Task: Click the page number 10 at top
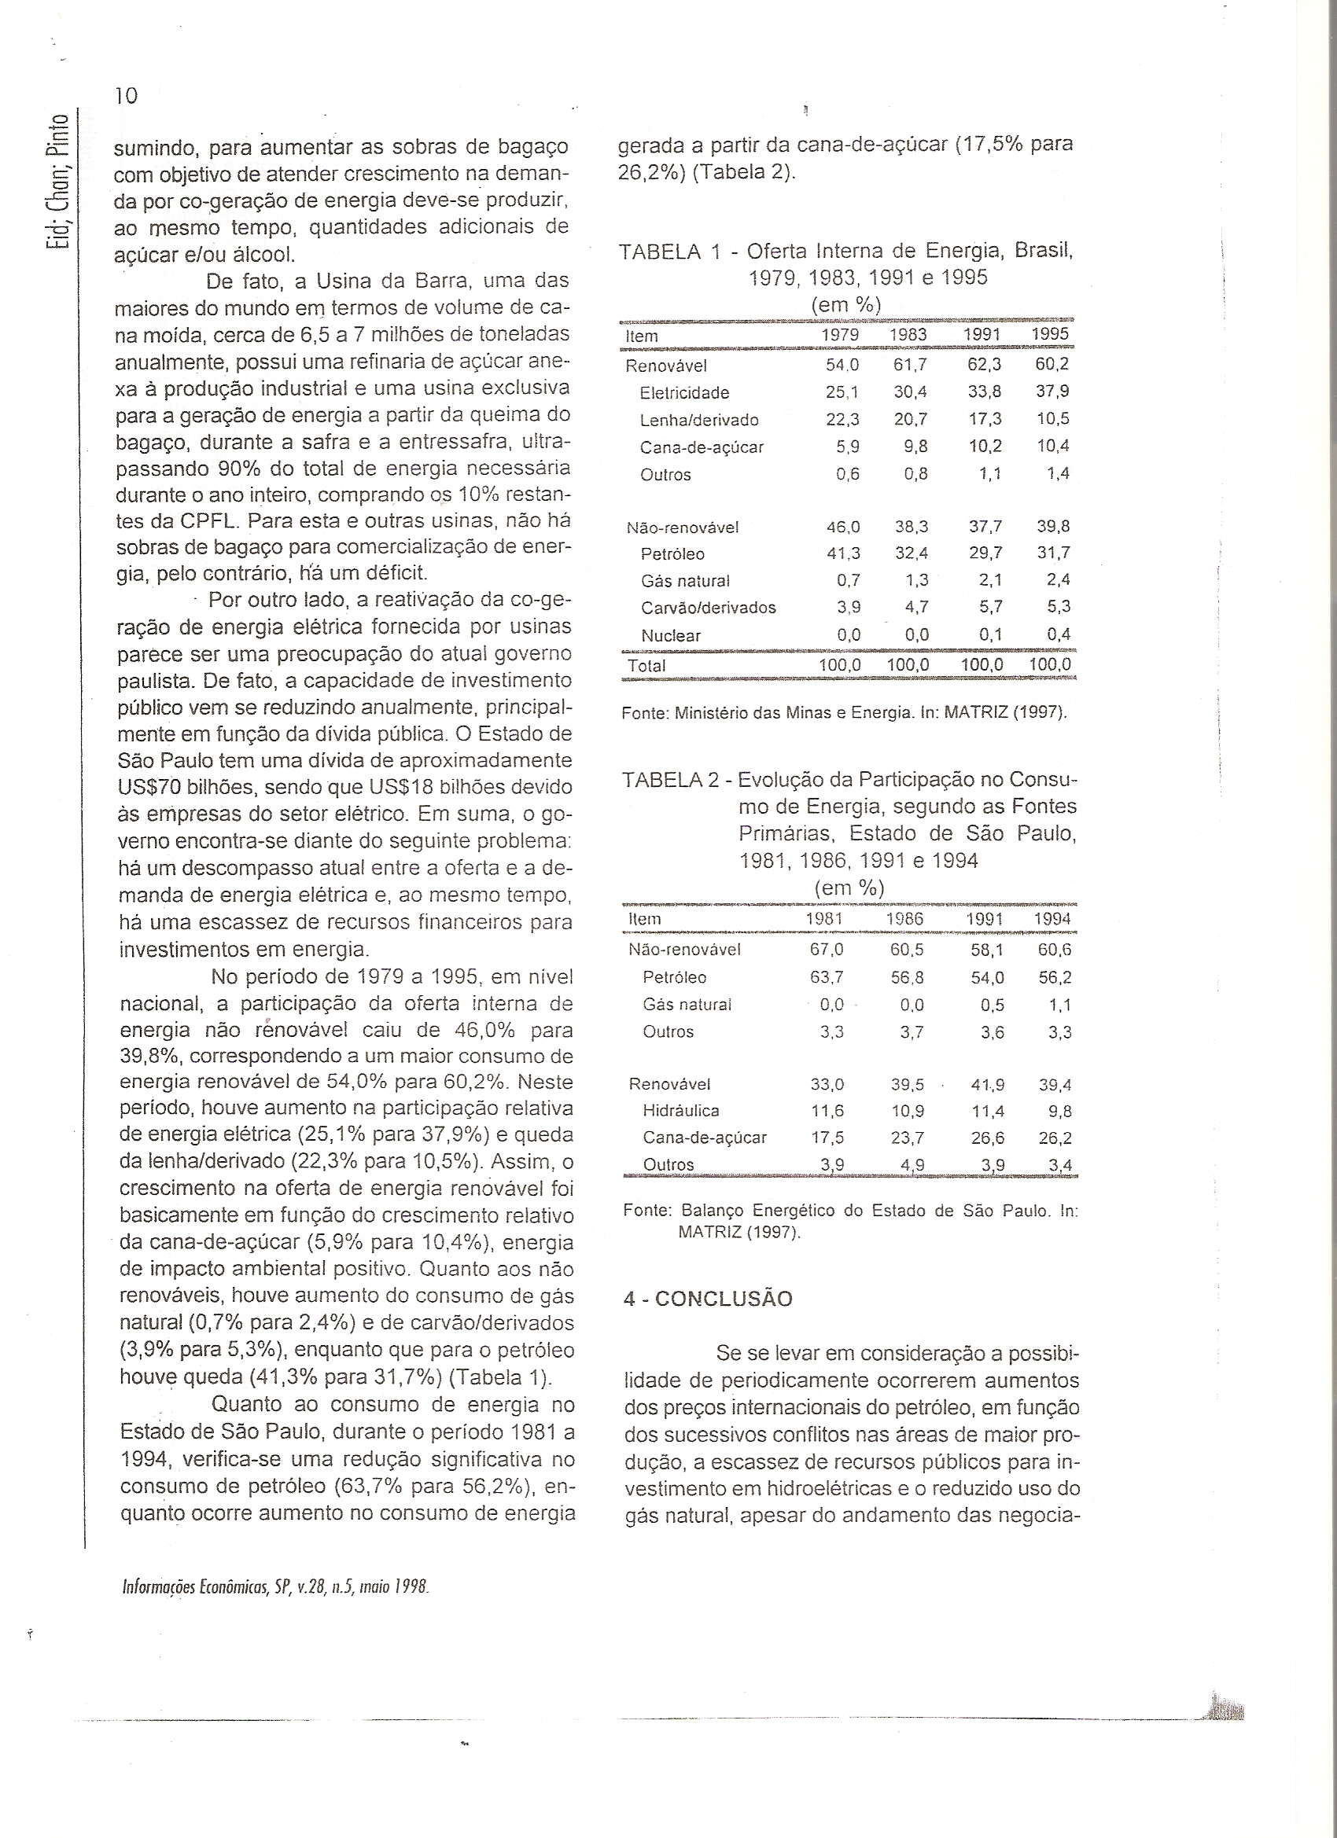point(127,96)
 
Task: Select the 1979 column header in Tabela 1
point(840,336)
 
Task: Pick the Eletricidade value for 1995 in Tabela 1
point(1052,392)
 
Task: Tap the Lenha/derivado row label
point(699,420)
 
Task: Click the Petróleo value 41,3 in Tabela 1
point(843,554)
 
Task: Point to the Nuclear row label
point(671,636)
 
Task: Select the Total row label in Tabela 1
point(646,665)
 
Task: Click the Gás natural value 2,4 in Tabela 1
point(1058,580)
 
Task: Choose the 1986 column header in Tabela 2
point(905,919)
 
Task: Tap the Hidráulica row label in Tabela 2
point(680,1111)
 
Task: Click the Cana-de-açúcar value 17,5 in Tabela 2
point(828,1138)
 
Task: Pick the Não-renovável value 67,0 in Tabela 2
point(827,949)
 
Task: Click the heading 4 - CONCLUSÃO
point(708,1299)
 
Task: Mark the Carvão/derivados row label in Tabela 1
point(708,608)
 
